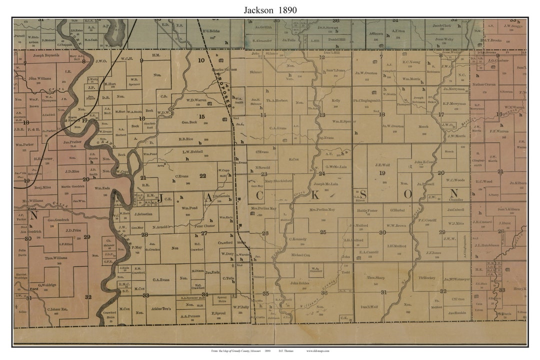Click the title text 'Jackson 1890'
click(270, 9)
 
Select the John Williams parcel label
click(39, 78)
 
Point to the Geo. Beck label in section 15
click(189, 122)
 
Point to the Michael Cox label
click(300, 255)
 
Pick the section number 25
click(323, 232)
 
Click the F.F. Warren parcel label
click(498, 131)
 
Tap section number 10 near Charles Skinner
click(201, 60)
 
